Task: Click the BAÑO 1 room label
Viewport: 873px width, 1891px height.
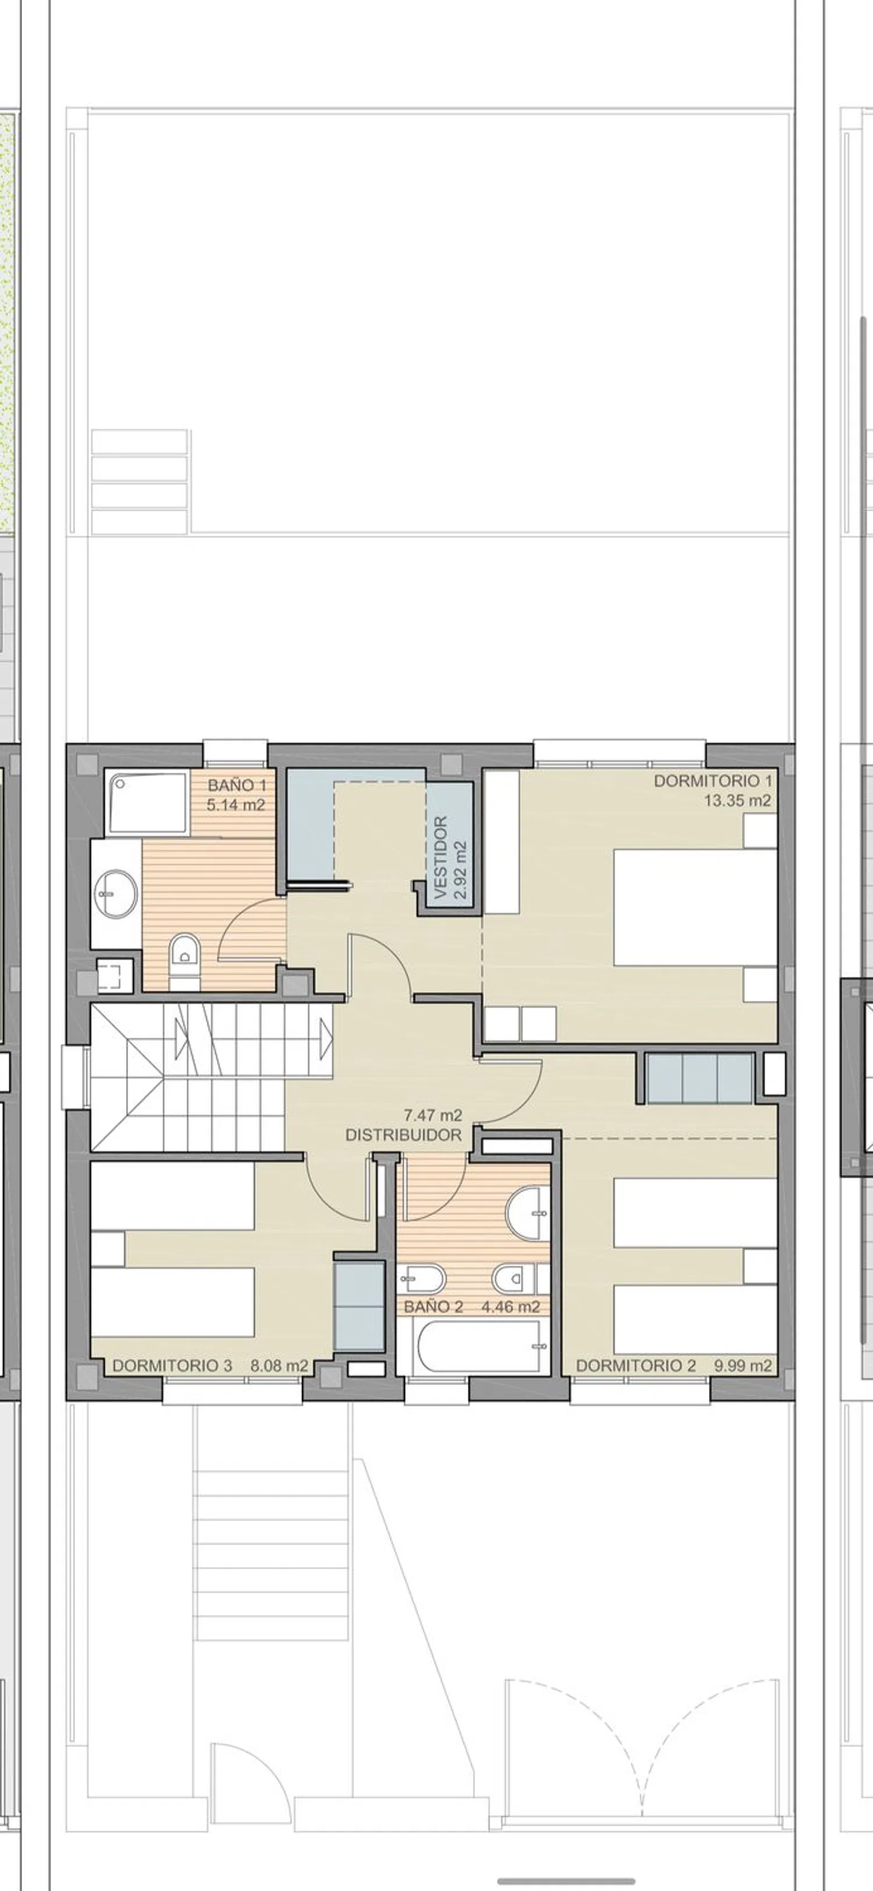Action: pos(236,785)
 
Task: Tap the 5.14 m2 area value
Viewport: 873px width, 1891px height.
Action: pos(236,805)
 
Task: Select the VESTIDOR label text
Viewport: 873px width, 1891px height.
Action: pos(441,858)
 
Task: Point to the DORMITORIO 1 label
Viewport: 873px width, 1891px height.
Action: pos(713,781)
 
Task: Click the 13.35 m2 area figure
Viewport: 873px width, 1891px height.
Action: pos(738,801)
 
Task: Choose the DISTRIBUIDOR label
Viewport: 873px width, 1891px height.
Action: pos(403,1135)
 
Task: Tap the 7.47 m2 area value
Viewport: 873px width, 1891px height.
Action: pos(433,1116)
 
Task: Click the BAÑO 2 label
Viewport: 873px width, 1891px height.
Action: pos(434,1306)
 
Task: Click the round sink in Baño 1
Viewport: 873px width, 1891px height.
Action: pos(116,893)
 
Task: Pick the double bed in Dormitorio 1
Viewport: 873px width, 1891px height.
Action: pos(694,907)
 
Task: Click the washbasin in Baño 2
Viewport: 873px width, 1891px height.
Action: pos(528,1213)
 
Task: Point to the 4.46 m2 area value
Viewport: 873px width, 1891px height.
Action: pos(511,1306)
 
